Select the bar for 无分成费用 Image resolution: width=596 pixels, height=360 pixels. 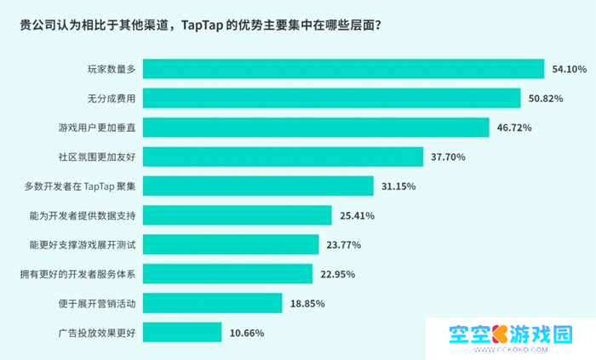pyautogui.click(x=331, y=99)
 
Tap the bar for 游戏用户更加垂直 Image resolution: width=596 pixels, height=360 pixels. pyautogui.click(x=316, y=128)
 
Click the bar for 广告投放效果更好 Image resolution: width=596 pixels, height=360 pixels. pyautogui.click(x=182, y=332)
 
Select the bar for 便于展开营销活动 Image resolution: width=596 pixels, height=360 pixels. pyautogui.click(x=212, y=303)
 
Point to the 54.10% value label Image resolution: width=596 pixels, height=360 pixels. pyautogui.click(x=570, y=70)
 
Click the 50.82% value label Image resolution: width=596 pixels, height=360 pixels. pyautogui.click(x=546, y=99)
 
